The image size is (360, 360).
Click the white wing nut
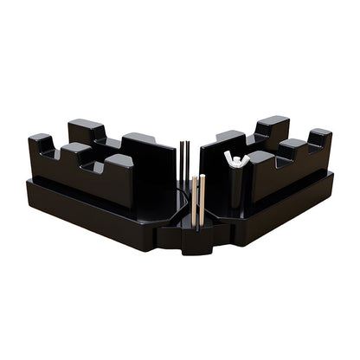point(235,159)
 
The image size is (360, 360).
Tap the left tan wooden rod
point(195,204)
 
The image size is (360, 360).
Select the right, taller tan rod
point(202,201)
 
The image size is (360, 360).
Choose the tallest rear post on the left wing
point(87,131)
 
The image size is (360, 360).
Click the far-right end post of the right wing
point(319,138)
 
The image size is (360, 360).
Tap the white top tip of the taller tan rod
point(202,177)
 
